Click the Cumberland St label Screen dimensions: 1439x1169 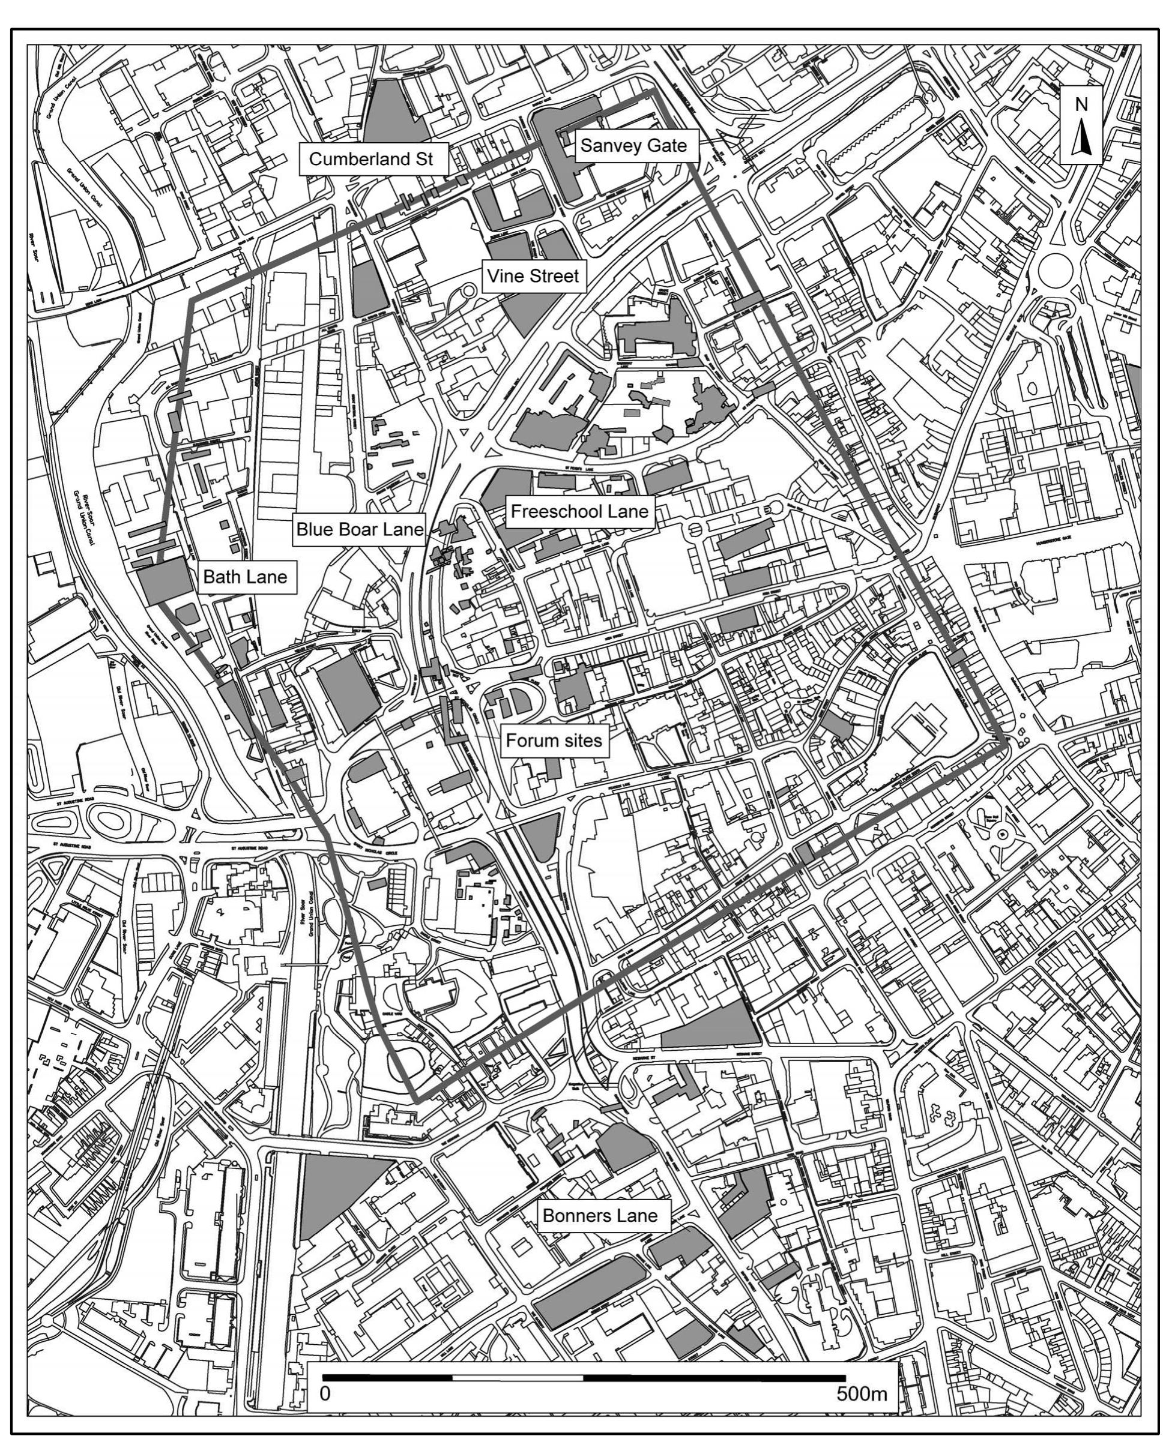coord(376,160)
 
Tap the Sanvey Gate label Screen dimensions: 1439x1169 coord(633,145)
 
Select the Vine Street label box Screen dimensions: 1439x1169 coord(533,276)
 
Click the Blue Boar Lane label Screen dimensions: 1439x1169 coord(360,530)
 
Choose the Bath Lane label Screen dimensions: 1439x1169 coord(245,577)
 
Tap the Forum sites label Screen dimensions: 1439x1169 coord(554,741)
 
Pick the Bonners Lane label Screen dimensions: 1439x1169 coord(599,1216)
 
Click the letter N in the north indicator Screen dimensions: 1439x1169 coord(1081,104)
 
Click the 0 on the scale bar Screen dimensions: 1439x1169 coord(325,1393)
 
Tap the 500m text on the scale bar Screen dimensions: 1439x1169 coord(862,1393)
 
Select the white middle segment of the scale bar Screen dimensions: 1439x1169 coord(517,1373)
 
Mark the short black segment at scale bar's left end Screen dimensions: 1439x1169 coord(387,1373)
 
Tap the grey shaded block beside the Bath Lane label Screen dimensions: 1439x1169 coord(165,580)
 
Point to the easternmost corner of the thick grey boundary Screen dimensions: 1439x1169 coord(1007,746)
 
